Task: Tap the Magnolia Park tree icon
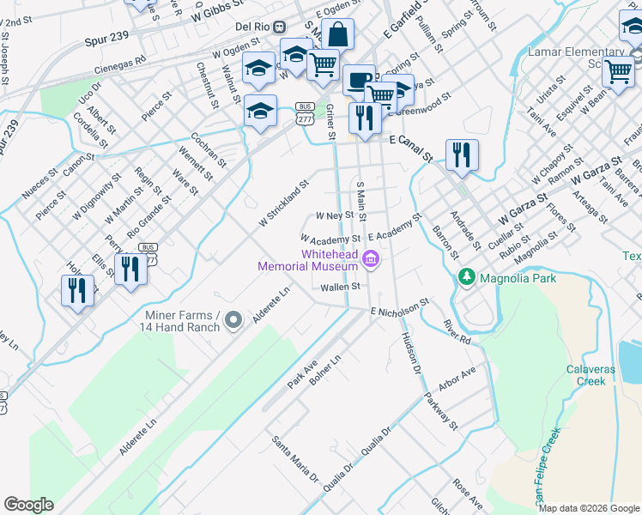(467, 277)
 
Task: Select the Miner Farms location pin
(233, 321)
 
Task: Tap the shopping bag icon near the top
(338, 35)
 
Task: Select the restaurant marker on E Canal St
(462, 155)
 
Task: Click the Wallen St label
(338, 288)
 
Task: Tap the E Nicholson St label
(400, 308)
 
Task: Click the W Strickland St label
(284, 204)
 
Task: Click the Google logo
(29, 505)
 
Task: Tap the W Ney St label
(334, 215)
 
